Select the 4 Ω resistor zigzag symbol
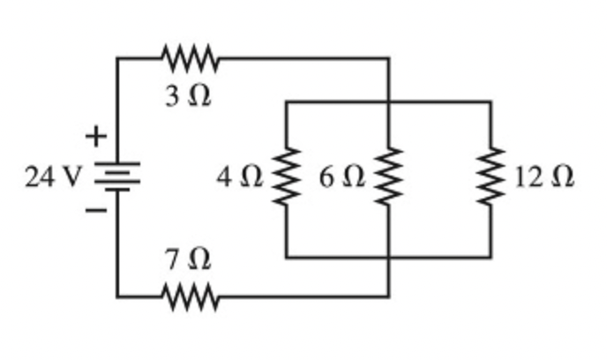click(x=286, y=177)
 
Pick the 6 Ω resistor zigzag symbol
click(x=388, y=177)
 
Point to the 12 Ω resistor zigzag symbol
click(x=491, y=177)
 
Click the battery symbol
click(x=116, y=176)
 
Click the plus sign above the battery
click(x=94, y=137)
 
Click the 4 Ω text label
click(x=240, y=177)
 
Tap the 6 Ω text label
click(x=342, y=177)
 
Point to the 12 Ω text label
click(x=544, y=177)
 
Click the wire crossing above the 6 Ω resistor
click(x=388, y=102)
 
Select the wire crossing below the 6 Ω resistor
click(x=388, y=258)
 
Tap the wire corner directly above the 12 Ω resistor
click(x=491, y=102)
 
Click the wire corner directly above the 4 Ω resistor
click(x=286, y=102)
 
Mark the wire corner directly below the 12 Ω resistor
click(x=491, y=258)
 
